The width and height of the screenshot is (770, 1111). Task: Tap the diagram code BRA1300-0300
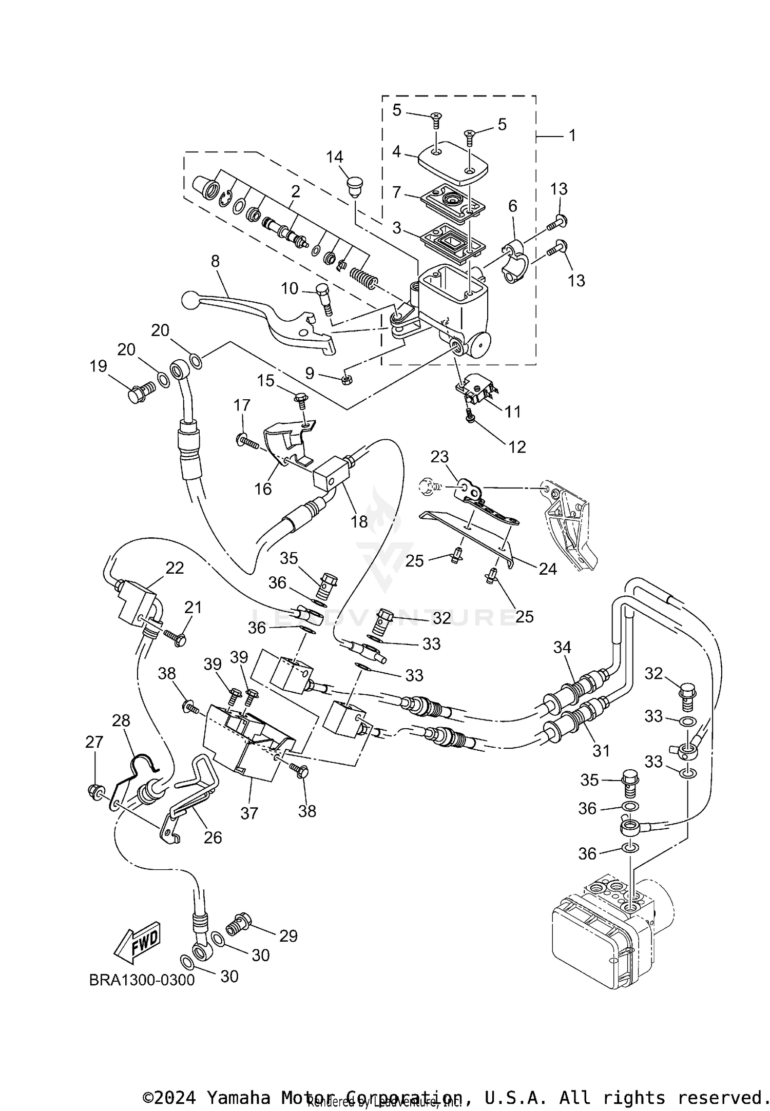[142, 980]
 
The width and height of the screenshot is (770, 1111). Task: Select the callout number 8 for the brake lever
[215, 261]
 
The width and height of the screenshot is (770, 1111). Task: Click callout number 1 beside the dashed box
[572, 135]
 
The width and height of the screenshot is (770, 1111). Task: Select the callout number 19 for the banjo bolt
[98, 366]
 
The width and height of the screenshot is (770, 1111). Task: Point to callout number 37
[249, 813]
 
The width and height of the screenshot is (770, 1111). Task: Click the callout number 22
[175, 568]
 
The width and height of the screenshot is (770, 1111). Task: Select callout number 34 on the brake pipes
[562, 648]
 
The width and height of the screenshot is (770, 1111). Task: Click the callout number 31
[601, 750]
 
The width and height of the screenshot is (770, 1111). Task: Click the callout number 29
[288, 936]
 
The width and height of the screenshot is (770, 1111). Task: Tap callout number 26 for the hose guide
[213, 837]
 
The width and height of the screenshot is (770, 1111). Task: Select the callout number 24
[548, 569]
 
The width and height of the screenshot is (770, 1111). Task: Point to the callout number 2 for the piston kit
[295, 191]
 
